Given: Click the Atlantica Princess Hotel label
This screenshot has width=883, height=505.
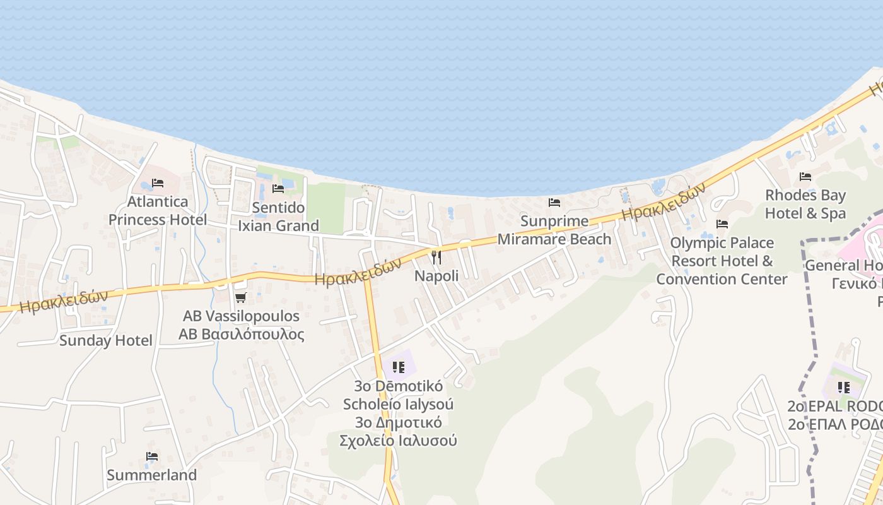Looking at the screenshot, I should [x=157, y=210].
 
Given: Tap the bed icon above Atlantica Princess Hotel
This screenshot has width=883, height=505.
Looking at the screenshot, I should [x=158, y=183].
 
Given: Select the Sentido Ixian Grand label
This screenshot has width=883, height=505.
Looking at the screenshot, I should [x=278, y=217].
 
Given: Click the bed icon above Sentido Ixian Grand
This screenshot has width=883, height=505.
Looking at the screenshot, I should [x=278, y=188].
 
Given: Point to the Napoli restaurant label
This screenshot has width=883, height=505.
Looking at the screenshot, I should [x=436, y=276].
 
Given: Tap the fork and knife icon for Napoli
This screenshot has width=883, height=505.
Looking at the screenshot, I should [x=436, y=258].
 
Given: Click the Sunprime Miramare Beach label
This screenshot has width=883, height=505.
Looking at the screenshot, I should [x=554, y=230].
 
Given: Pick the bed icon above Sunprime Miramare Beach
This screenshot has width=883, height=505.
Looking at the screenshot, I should [x=554, y=203].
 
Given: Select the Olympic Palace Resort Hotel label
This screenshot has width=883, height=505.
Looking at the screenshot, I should [x=722, y=261].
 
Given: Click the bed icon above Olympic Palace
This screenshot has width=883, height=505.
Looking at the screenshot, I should [x=722, y=224].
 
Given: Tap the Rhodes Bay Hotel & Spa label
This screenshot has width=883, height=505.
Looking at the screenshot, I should [x=805, y=204].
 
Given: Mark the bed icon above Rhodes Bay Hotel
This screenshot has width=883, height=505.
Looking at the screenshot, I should [x=805, y=177].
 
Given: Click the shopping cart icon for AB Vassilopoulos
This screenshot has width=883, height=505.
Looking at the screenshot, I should [x=240, y=297].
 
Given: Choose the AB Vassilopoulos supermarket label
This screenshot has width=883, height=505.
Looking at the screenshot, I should [x=241, y=324].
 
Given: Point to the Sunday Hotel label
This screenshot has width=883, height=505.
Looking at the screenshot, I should [x=106, y=341].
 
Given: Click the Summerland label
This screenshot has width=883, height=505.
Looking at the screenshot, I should [x=151, y=475].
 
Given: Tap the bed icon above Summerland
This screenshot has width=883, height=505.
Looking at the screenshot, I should [x=151, y=456].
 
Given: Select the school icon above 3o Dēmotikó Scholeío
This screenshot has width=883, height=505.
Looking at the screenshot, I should [x=398, y=367].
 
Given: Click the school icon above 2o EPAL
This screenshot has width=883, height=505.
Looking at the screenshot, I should [x=843, y=387].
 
